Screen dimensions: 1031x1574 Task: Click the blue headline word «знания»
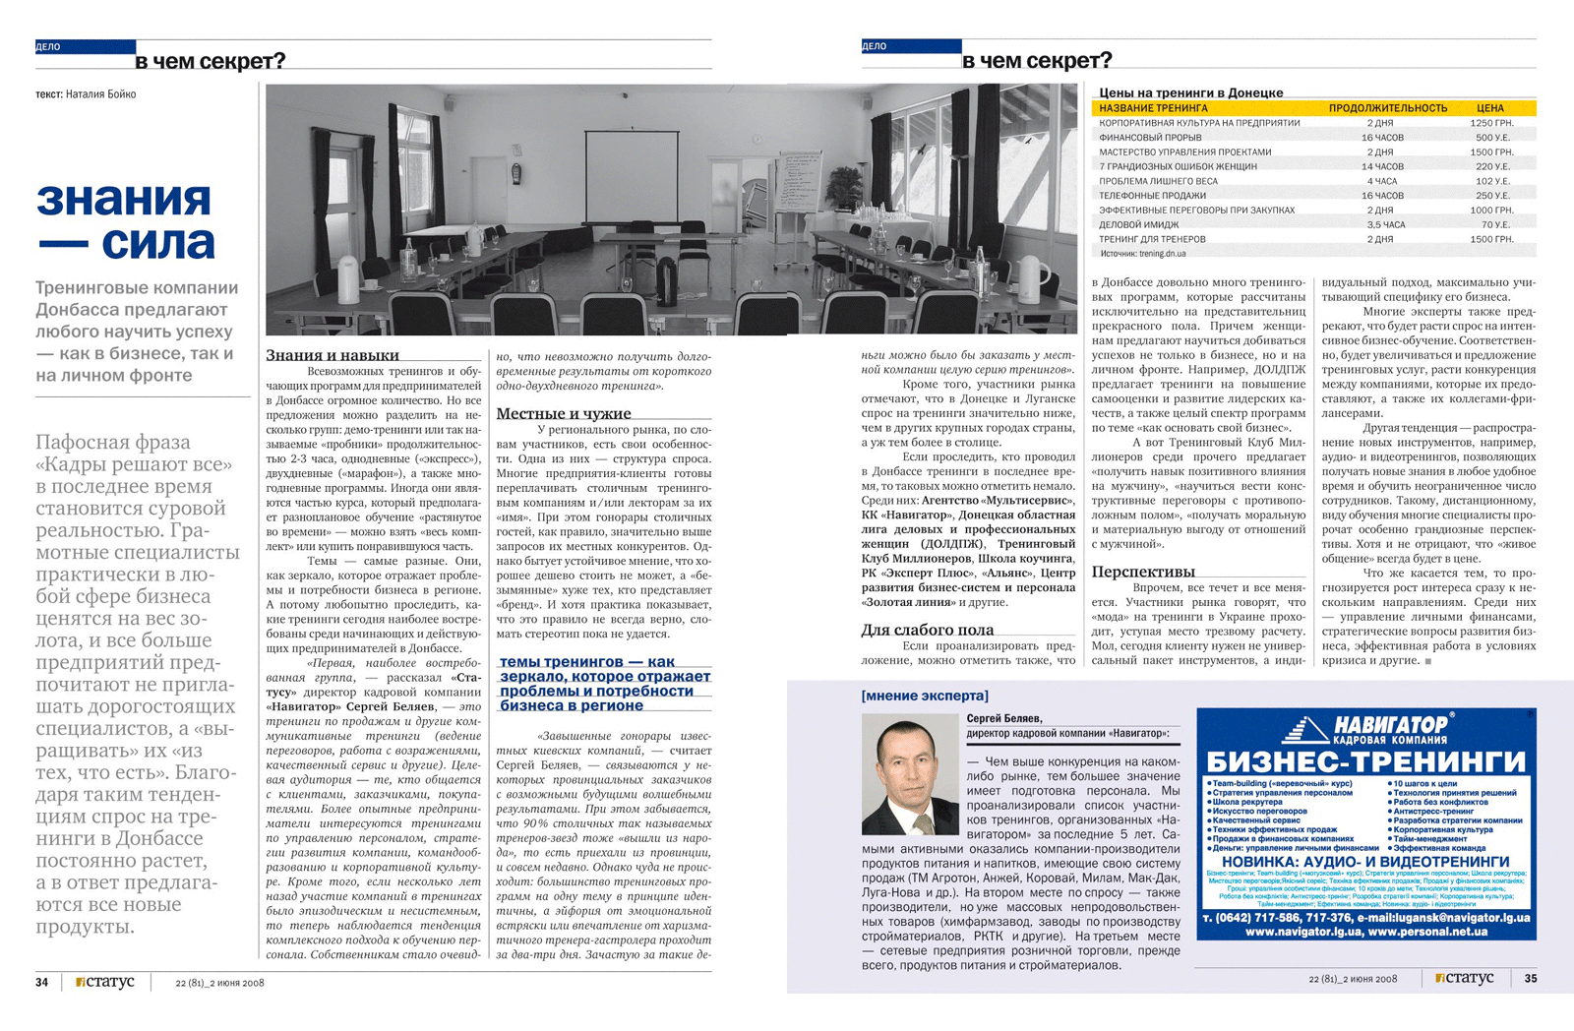tap(124, 200)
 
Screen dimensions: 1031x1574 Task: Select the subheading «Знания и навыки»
tap(333, 355)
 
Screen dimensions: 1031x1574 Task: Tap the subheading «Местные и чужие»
tap(563, 413)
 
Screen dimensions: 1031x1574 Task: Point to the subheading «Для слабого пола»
tap(927, 630)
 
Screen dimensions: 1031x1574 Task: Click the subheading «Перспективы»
tap(1143, 572)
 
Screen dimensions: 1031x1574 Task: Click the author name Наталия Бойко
tap(101, 94)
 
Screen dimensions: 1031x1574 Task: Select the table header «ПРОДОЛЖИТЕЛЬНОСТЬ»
tap(1387, 108)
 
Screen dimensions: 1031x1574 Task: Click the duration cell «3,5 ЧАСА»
tap(1385, 224)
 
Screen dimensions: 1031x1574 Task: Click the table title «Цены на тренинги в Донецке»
tap(1190, 92)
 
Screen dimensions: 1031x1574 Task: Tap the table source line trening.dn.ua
tap(1143, 253)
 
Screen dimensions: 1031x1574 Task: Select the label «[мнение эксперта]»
tap(925, 696)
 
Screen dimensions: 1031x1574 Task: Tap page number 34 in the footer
tap(41, 981)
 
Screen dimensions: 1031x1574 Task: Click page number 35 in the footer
tap(1530, 978)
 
